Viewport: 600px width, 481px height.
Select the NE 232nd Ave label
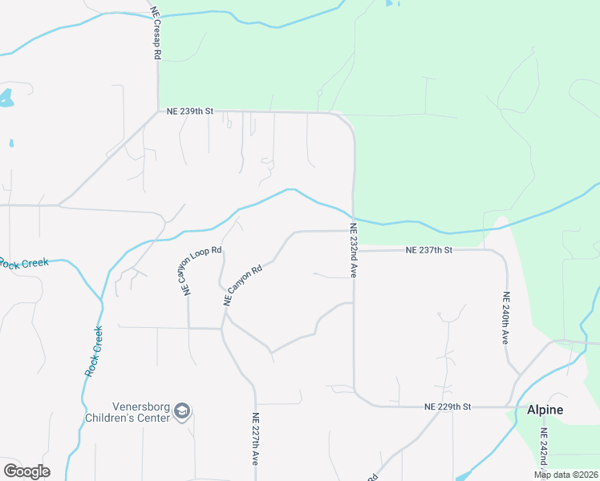tap(352, 251)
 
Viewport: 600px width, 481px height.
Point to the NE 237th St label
tap(429, 250)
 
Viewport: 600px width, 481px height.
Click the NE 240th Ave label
tap(506, 317)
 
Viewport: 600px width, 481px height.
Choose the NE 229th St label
tap(447, 407)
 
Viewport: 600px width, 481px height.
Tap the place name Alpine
tap(545, 410)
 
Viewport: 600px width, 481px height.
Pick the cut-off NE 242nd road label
tap(543, 454)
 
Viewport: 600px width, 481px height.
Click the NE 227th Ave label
tap(255, 439)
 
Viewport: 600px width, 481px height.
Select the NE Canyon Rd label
tap(243, 285)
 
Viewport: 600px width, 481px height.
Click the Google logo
tap(26, 471)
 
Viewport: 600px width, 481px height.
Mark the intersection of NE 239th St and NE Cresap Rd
tap(158, 112)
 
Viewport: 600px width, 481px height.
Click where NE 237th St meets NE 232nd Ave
tap(354, 250)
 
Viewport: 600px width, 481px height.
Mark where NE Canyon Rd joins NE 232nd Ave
tap(352, 231)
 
